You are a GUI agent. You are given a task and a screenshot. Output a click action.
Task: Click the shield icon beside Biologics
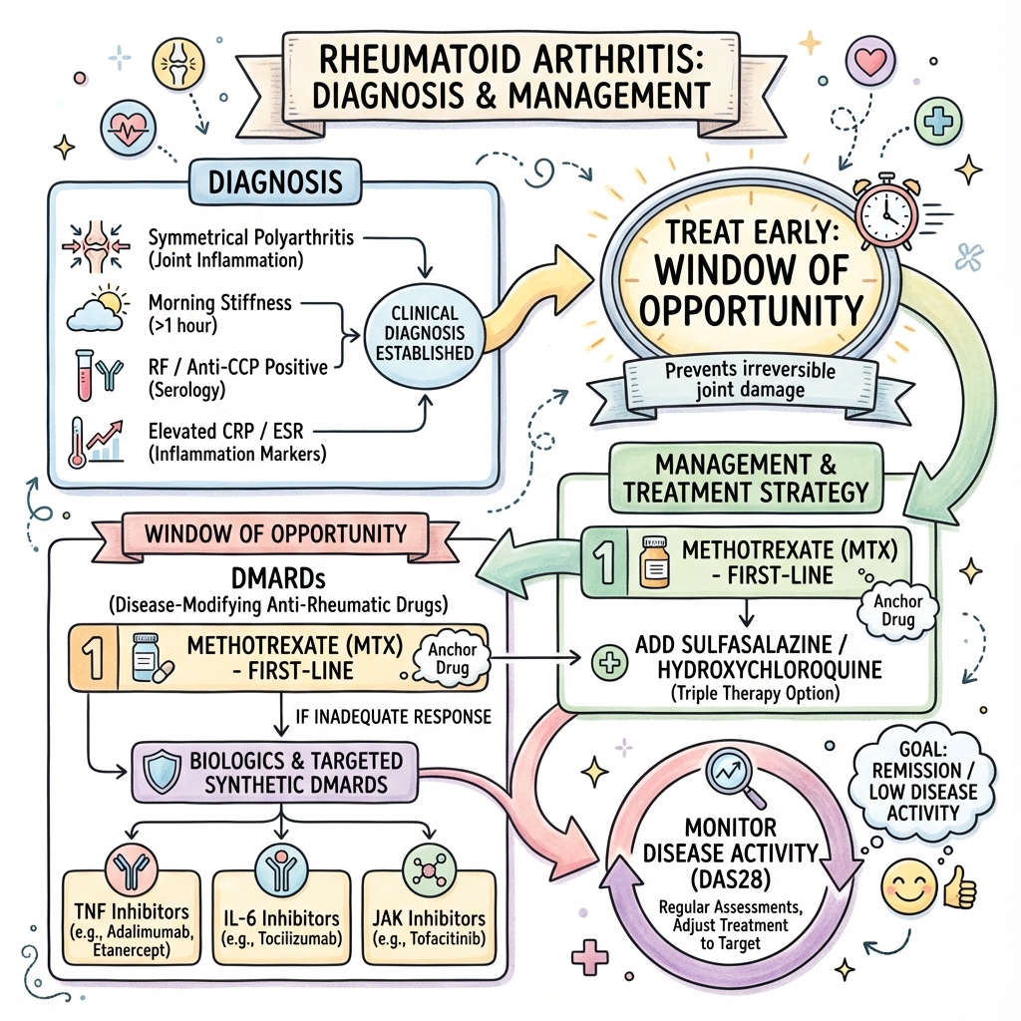[164, 770]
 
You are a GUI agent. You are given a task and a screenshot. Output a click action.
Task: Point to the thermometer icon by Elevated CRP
[76, 441]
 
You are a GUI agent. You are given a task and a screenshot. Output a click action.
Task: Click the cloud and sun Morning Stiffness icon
[97, 310]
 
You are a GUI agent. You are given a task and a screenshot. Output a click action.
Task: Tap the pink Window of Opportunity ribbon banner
[275, 532]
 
